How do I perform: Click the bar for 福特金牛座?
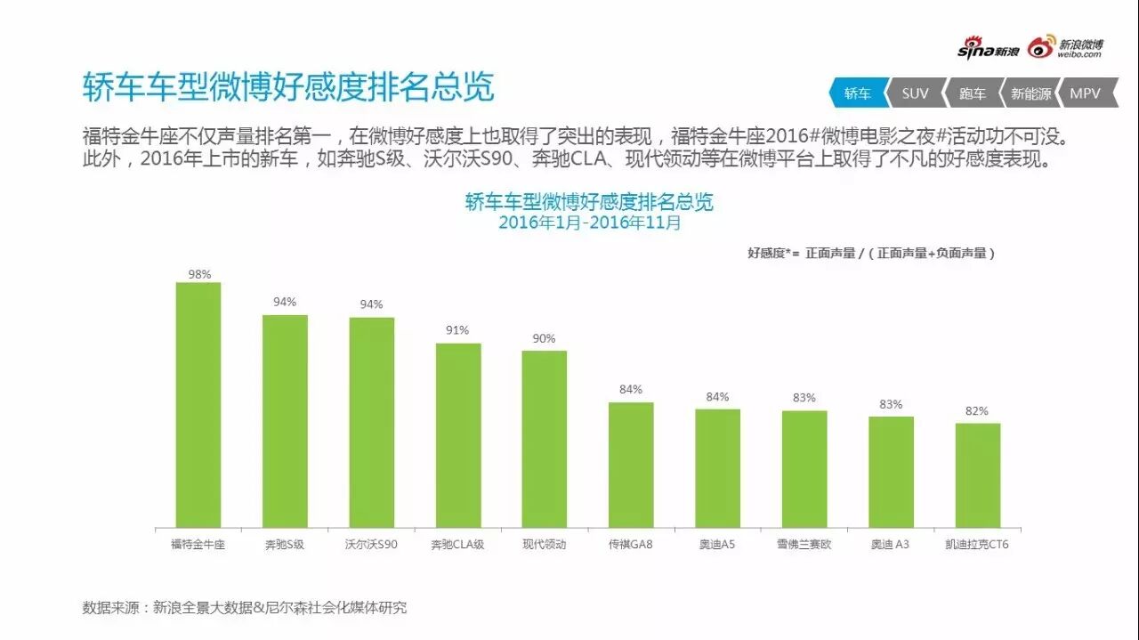[198, 405]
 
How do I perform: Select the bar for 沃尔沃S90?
[371, 422]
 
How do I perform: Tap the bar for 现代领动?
[544, 439]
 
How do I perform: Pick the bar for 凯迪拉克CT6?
[978, 474]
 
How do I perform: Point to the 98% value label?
[199, 274]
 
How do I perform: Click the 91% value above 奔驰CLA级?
[457, 330]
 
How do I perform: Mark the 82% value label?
[977, 410]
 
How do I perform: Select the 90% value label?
[544, 338]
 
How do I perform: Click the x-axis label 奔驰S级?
[285, 544]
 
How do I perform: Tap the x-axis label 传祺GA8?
[631, 544]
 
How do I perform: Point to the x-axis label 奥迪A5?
[717, 544]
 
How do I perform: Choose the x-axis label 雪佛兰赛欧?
[804, 544]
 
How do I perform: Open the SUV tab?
[915, 93]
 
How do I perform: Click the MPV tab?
[1085, 93]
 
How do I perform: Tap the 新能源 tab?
[1030, 93]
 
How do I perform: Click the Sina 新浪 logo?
[988, 50]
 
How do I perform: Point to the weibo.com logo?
[1066, 48]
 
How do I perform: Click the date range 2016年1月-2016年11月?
[589, 223]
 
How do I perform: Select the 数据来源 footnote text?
[245, 608]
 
